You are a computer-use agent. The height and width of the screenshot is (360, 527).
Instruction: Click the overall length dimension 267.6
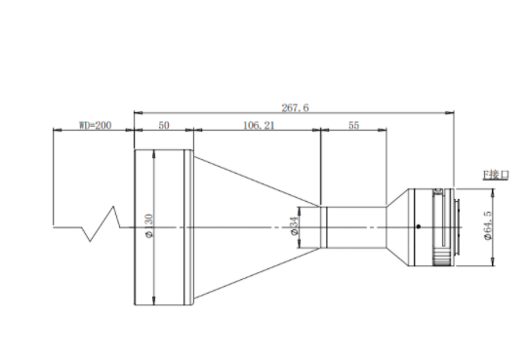pos(295,107)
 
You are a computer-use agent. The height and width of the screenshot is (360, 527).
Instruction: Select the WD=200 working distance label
pos(95,125)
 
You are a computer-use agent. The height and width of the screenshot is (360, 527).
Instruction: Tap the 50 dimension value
pos(164,125)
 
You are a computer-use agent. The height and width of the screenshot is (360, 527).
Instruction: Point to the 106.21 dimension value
pos(259,125)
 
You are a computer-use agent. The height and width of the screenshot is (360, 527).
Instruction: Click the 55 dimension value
pos(353,125)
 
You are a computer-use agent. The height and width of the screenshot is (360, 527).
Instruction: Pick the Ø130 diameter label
pos(149,225)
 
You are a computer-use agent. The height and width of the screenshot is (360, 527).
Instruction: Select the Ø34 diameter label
pos(294,225)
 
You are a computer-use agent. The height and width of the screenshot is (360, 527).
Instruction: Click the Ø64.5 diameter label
pos(488,225)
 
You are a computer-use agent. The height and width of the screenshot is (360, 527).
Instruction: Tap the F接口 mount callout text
pos(496,175)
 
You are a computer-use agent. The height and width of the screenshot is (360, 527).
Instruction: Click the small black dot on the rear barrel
pos(419,226)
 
